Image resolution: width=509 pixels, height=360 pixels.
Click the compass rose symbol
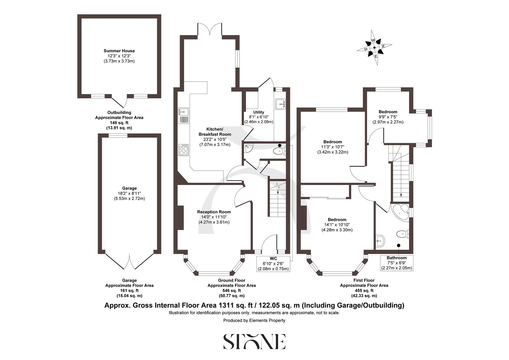tap(374, 48)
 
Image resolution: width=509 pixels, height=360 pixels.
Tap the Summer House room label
tap(119, 51)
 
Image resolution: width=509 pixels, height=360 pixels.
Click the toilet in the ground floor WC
tap(278, 152)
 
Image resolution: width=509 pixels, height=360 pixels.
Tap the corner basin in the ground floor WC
tap(248, 149)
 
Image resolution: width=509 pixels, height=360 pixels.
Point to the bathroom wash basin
tap(380, 239)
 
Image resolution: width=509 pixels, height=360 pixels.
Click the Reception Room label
tap(214, 212)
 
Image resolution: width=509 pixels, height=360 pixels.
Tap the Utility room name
tap(258, 112)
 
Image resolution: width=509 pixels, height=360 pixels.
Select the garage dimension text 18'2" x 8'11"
tap(129, 193)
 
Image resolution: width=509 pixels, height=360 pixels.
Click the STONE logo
tap(254, 341)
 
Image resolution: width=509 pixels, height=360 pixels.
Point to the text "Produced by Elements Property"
tap(254, 320)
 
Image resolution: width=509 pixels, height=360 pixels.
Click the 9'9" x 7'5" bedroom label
tap(388, 117)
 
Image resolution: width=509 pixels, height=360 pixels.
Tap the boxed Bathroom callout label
tap(396, 258)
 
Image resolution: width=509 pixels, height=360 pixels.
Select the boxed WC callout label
tap(273, 259)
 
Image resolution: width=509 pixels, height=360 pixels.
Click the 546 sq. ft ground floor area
tap(232, 290)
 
